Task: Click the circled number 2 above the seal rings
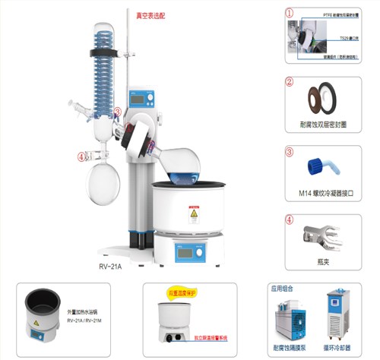click(x=289, y=81)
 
